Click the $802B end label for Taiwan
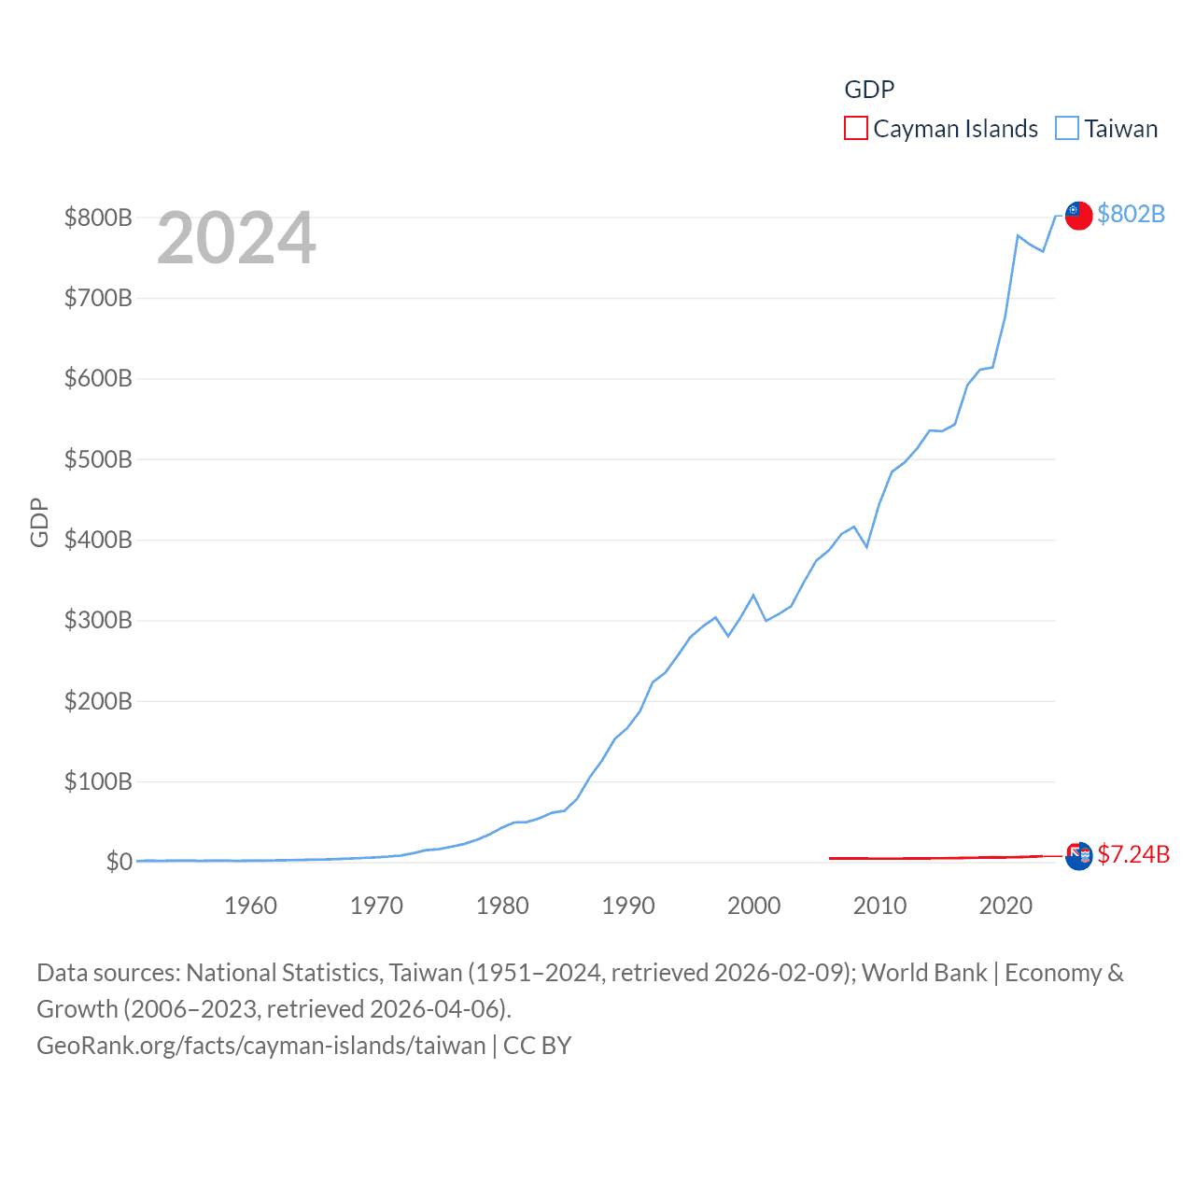pos(1131,214)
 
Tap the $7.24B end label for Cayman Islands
pos(1133,854)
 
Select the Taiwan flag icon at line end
pos(1078,215)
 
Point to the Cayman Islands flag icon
pos(1078,855)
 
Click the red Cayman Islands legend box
pos(855,128)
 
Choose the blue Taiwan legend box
pos(1066,128)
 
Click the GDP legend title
pos(869,89)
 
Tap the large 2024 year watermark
pos(236,238)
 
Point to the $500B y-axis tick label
pos(98,459)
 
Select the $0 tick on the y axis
pos(119,862)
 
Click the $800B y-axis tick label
pos(98,218)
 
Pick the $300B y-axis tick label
pos(98,620)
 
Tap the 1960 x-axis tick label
pos(250,906)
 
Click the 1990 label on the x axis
pos(628,906)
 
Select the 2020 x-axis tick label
pos(1005,906)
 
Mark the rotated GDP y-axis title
pos(39,523)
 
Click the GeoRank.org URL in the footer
pos(261,1045)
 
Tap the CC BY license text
pos(537,1045)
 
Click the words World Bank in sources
pos(924,973)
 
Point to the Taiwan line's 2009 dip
pos(866,546)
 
